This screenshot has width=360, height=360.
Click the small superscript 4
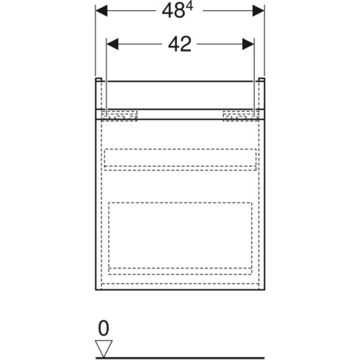pyautogui.click(x=189, y=7)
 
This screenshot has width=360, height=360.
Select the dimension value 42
pyautogui.click(x=180, y=45)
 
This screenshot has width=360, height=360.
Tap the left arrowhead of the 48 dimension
pyautogui.click(x=102, y=11)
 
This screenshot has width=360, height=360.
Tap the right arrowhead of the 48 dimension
pyautogui.click(x=258, y=11)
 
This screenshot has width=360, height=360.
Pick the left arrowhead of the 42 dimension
pyautogui.click(x=112, y=44)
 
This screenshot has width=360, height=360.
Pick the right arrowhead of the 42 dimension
pyautogui.click(x=248, y=44)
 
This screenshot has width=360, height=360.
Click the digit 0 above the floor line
pyautogui.click(x=104, y=328)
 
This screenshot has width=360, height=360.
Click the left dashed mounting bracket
pyautogui.click(x=120, y=116)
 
